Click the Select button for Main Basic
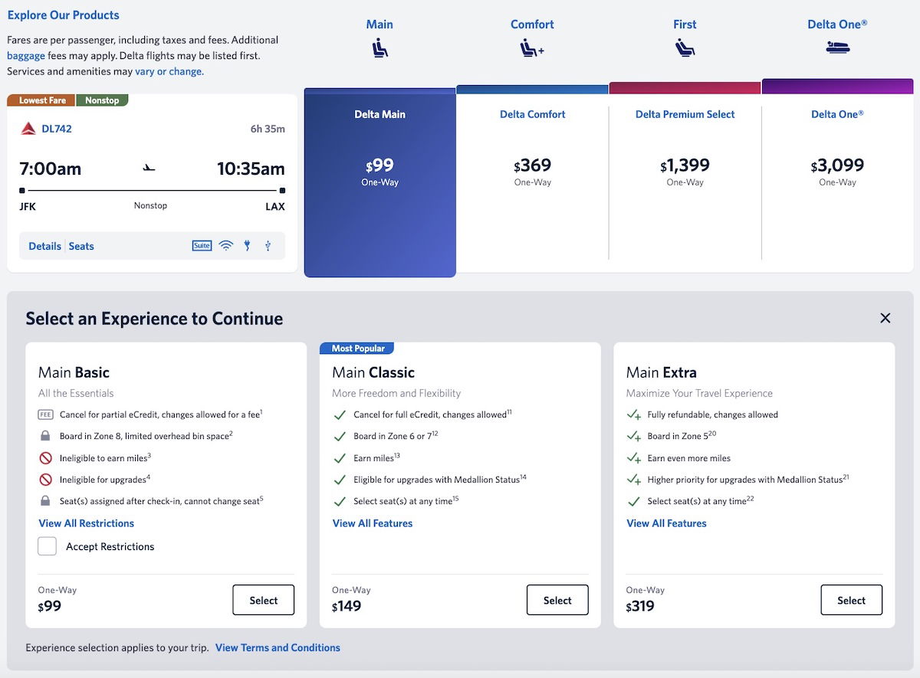(x=263, y=601)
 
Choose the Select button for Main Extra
(x=851, y=601)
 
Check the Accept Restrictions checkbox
(x=48, y=546)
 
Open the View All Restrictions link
(x=86, y=523)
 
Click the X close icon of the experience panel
(x=886, y=318)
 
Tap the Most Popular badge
(x=357, y=349)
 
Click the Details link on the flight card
(x=44, y=246)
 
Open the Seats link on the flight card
(x=81, y=246)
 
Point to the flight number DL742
(x=56, y=129)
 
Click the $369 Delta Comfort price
(x=533, y=165)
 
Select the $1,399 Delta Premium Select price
(x=685, y=165)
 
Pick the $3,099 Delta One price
(x=837, y=165)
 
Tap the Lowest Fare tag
(x=42, y=100)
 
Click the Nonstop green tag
(x=102, y=100)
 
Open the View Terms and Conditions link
(x=278, y=647)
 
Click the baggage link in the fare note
(x=26, y=56)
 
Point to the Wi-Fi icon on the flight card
(x=225, y=246)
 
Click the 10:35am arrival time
(x=251, y=169)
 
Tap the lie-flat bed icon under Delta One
(x=837, y=47)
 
